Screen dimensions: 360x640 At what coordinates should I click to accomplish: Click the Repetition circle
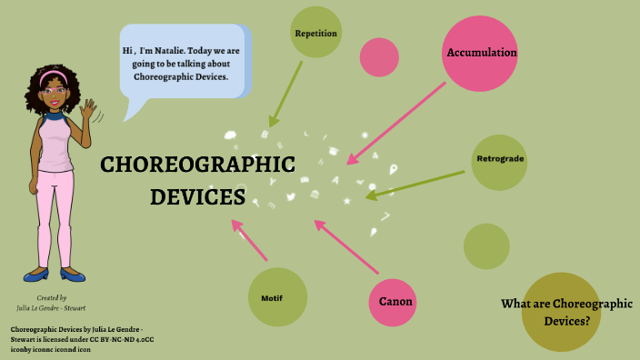315,33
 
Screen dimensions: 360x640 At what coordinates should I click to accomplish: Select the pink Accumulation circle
481,53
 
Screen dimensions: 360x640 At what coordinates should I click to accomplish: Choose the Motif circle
276,297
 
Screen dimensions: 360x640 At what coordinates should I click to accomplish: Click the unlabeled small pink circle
379,56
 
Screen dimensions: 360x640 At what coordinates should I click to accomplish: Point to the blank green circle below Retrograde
486,245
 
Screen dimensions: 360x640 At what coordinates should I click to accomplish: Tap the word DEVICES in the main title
197,196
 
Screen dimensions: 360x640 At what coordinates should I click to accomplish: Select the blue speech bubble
182,62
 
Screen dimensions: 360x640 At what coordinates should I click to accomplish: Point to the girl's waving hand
89,112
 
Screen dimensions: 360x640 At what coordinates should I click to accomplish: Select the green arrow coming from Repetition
285,94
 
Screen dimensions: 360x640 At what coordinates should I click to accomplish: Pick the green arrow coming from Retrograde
415,184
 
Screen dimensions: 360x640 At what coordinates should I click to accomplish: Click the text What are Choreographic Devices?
566,312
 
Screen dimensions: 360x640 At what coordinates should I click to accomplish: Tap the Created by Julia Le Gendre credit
51,303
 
